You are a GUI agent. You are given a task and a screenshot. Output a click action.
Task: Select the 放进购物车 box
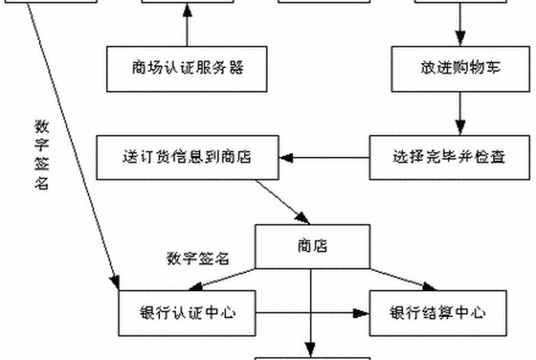(460, 68)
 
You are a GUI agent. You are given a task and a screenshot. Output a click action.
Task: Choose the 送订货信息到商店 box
(188, 158)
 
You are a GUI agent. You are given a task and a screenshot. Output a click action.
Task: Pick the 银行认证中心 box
(188, 313)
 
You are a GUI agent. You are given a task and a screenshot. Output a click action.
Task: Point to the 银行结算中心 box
(438, 313)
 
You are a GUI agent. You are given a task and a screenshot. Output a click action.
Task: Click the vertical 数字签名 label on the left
(41, 153)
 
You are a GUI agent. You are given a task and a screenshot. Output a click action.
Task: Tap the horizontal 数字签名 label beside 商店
(198, 258)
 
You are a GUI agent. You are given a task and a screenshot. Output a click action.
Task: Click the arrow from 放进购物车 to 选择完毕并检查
(460, 113)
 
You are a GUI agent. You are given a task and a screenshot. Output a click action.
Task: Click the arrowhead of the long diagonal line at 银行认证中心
(115, 283)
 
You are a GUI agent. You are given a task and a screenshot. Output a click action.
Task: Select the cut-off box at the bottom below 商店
(312, 357)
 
